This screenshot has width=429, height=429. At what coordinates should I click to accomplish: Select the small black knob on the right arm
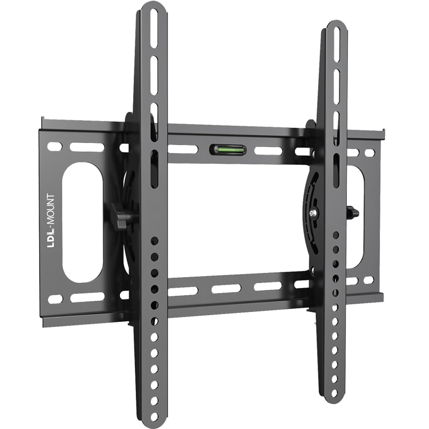point(353,213)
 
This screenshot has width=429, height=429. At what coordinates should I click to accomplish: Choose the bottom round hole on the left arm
point(154,415)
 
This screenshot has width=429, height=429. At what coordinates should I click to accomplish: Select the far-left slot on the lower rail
point(55,299)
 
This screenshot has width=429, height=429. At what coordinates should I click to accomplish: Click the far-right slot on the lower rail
point(369,280)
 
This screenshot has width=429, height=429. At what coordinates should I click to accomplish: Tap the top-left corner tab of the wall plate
point(43,120)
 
